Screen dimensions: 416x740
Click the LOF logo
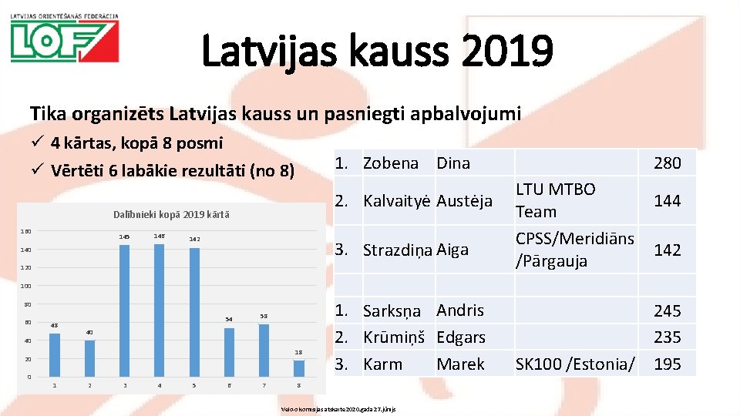[x=64, y=40]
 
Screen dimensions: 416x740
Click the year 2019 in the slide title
[x=503, y=50]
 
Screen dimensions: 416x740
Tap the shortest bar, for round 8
[x=299, y=368]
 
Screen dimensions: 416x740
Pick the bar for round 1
[x=54, y=354]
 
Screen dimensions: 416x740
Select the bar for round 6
[x=229, y=352]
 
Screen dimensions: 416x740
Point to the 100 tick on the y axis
[x=25, y=286]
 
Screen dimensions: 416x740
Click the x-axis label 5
[x=194, y=385]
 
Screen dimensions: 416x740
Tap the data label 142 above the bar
[x=194, y=240]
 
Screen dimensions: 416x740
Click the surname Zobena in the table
[x=390, y=163]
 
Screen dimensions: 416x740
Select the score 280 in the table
[x=667, y=163]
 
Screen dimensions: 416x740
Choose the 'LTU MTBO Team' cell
[x=555, y=200]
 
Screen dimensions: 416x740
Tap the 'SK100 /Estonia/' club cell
[x=575, y=364]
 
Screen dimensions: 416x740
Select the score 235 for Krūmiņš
[x=667, y=337]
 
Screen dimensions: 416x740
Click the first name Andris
[x=460, y=310]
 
